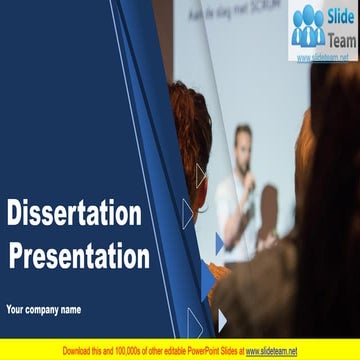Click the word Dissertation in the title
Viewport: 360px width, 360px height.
pos(75,214)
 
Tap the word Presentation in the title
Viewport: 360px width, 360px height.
pos(80,256)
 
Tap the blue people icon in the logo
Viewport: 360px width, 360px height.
pos(309,27)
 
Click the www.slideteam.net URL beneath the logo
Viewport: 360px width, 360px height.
pos(323,57)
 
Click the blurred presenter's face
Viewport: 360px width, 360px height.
pos(243,138)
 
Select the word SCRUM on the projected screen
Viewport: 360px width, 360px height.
pos(268,14)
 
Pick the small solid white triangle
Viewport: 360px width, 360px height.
pos(222,320)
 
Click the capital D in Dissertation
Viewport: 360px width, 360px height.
pos(15,214)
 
